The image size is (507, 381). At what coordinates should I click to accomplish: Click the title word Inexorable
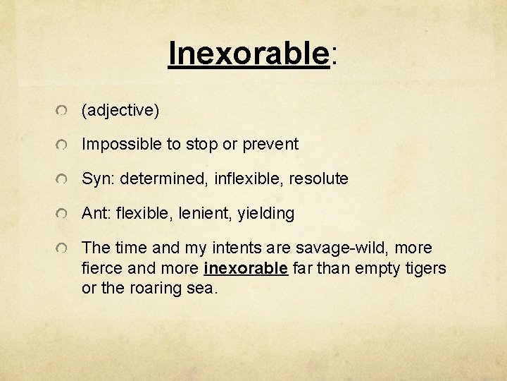coord(249,53)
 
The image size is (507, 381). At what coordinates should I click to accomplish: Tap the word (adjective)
coord(120,110)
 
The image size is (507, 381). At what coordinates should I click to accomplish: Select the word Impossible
coord(122,145)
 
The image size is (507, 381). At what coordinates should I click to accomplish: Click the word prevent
coord(270,145)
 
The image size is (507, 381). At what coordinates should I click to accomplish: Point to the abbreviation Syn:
coord(99,179)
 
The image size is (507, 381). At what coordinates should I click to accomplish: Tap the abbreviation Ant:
coord(97,213)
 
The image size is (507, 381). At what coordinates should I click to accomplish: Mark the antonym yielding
coord(267,214)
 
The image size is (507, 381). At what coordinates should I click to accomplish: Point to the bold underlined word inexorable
coord(246,269)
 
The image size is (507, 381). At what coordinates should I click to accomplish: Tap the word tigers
coord(425,269)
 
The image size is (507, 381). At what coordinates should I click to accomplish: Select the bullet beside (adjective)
coord(63,111)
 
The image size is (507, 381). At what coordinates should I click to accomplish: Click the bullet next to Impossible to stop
coord(63,146)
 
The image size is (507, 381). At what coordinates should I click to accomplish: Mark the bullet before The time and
coord(63,249)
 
